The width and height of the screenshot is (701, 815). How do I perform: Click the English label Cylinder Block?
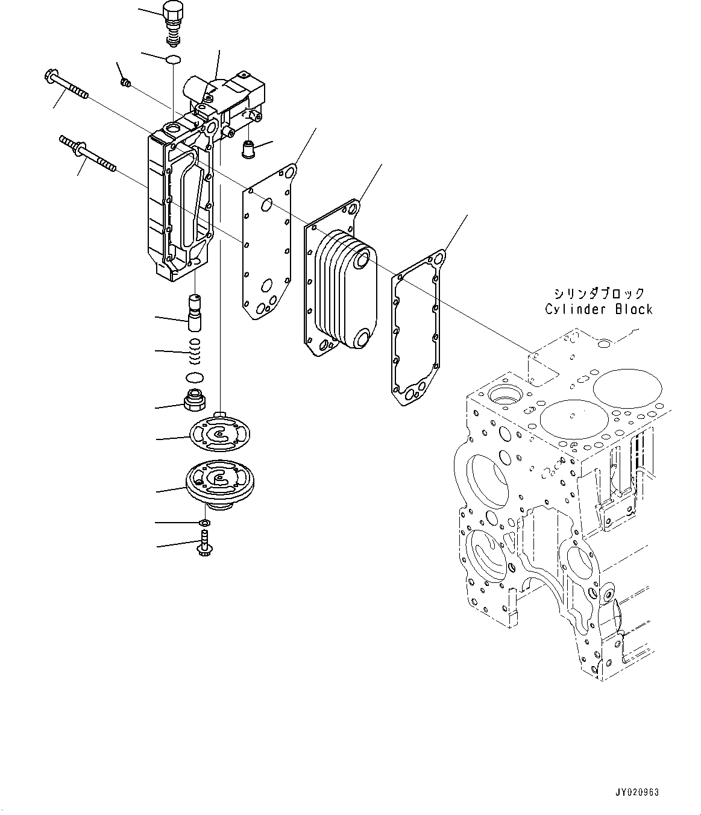click(x=599, y=309)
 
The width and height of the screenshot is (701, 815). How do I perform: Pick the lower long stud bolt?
click(x=87, y=153)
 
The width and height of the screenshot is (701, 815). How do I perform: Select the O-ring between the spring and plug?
click(x=195, y=377)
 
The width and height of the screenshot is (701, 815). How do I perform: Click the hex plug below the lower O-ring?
click(x=193, y=400)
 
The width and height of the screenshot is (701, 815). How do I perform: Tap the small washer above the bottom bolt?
click(x=204, y=521)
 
